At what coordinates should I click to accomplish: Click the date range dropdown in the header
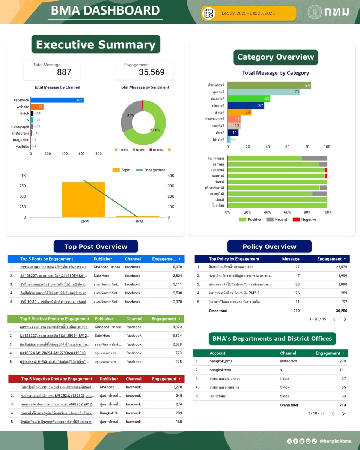coord(249,13)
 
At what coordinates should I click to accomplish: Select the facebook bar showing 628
coord(56,100)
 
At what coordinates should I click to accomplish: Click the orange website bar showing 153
coord(37,107)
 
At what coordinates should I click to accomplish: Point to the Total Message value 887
coord(64,72)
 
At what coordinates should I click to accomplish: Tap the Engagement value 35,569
coord(151,72)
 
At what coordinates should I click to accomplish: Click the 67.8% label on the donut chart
coord(155,130)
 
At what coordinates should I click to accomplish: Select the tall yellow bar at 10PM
coord(83,199)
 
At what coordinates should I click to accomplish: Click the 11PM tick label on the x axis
coord(138,221)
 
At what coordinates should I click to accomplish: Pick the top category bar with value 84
coord(269,85)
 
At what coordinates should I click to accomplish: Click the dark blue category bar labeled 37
coord(246,106)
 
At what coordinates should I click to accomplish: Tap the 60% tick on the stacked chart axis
coord(287,212)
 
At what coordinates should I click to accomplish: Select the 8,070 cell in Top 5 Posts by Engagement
coord(177,267)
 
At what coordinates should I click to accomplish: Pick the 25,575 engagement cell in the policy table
coord(339,267)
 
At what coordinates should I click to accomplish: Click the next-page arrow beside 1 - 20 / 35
coord(345,319)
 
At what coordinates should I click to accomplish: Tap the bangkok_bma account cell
coord(221,361)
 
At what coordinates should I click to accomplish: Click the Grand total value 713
coord(342,405)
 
